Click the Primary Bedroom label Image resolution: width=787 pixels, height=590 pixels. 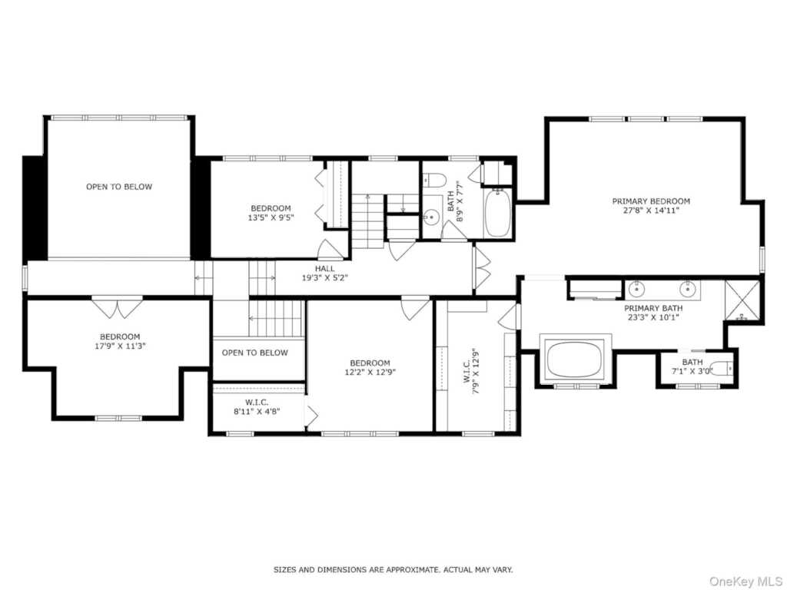coord(651,201)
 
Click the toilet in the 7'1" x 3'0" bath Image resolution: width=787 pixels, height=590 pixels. coord(720,367)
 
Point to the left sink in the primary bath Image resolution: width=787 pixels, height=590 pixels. coord(636,290)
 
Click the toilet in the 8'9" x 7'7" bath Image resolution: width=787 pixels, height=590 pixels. coord(436,181)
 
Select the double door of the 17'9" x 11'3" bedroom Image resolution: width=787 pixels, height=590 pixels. coord(117,307)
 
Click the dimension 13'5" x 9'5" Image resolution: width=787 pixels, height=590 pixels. coord(271,217)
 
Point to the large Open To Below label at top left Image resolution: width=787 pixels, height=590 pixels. coord(119,187)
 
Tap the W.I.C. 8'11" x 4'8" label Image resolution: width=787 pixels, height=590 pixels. coord(257,406)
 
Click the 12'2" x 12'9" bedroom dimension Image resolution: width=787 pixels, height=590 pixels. coord(370,372)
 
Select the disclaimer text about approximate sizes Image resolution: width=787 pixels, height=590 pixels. coord(393,570)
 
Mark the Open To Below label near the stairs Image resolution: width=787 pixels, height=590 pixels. coord(255,353)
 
